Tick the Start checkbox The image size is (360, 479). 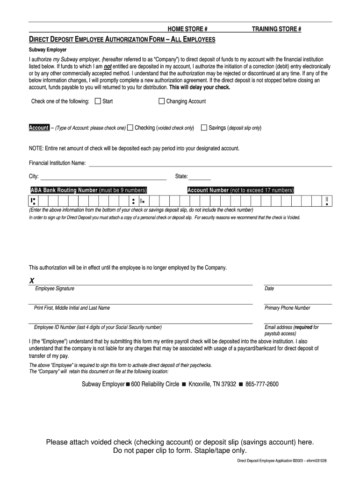coord(98,101)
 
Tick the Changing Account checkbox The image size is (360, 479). coord(162,101)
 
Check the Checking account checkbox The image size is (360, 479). coord(130,128)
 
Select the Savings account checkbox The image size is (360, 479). coord(204,128)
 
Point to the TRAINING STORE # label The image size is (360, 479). coord(277,29)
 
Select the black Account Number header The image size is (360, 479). coord(240,190)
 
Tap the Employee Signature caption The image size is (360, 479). coord(54,289)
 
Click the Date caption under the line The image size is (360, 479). coord(269,289)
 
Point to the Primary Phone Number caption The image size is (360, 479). coord(287,308)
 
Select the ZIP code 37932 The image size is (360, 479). coord(228,384)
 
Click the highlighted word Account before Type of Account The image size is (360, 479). coord(39,128)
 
